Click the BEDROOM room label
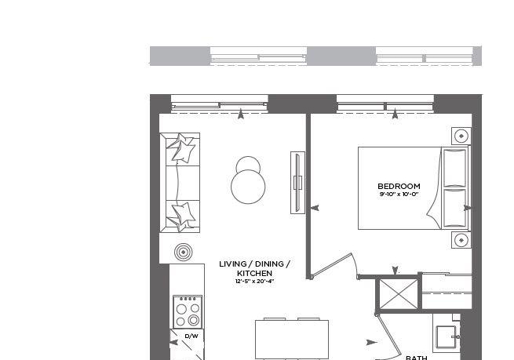coord(399,186)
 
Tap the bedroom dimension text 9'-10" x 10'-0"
coord(399,194)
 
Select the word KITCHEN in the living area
coord(254,273)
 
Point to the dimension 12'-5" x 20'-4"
coord(254,281)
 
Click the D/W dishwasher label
coord(191,336)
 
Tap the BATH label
coord(417,358)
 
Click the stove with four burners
coord(188,312)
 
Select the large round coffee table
coord(248,187)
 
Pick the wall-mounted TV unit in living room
coord(297,183)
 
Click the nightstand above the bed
coord(461,136)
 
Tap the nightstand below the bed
coord(461,240)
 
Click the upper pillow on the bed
coord(454,168)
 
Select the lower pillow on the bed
coord(454,209)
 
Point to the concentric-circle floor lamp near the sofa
coord(183,253)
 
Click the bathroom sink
coord(446,337)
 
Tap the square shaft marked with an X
coord(399,294)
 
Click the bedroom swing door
coord(333,265)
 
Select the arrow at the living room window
coord(241,115)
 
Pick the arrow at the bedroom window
coord(395,115)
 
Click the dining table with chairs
coord(292,339)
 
